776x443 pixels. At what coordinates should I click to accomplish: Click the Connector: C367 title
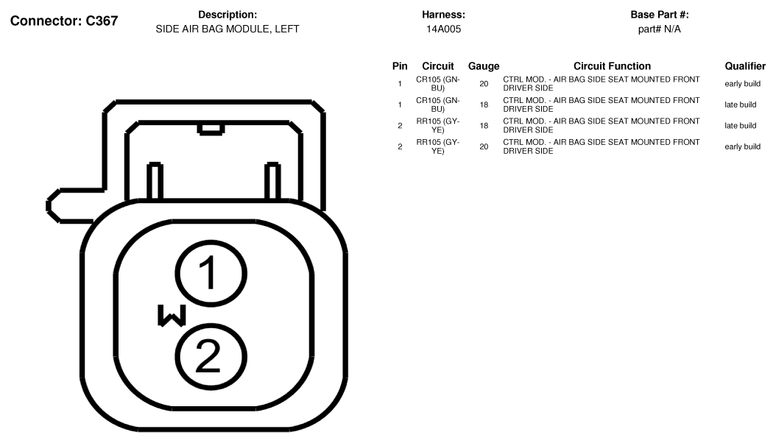pos(64,21)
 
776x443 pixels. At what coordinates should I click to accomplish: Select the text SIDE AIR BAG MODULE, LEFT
pos(227,29)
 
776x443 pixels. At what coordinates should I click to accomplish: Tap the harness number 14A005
pos(443,29)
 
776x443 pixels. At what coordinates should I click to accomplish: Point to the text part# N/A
pos(659,29)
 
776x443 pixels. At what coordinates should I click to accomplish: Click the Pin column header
pos(400,66)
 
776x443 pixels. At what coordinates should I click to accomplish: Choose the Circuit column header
pos(437,66)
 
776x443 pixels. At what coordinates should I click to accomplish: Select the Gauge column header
pos(484,66)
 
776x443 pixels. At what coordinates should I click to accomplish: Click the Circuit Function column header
pos(612,66)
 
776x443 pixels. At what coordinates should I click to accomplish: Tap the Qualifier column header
pos(745,66)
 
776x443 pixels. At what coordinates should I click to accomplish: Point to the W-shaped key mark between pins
pos(172,316)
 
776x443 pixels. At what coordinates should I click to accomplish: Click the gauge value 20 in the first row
pos(484,84)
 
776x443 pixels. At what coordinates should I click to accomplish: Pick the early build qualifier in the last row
pos(742,147)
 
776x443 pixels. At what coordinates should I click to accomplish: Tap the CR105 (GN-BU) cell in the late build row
pos(437,104)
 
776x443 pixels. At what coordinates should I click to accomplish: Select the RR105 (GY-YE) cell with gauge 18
pos(437,126)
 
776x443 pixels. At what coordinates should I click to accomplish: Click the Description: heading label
pos(227,15)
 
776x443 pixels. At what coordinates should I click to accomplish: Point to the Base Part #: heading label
pos(659,15)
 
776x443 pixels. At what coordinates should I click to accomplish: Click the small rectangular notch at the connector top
pos(211,129)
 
